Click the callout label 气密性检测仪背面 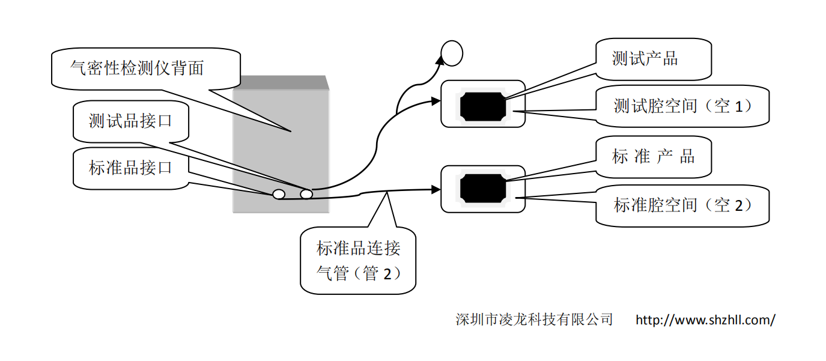(x=137, y=68)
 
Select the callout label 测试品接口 (x=130, y=121)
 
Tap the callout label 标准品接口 (x=130, y=167)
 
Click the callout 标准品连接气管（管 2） (x=358, y=260)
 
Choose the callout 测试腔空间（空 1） (x=682, y=106)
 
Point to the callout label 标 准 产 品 (x=653, y=157)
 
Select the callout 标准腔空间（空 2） (x=682, y=205)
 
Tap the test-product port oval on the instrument (x=306, y=193)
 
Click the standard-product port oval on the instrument (x=279, y=194)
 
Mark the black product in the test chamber (x=482, y=106)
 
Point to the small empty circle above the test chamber (x=452, y=53)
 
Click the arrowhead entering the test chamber (x=437, y=102)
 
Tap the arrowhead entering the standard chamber (x=437, y=189)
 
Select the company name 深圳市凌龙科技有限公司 (x=534, y=319)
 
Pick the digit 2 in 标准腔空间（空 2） (x=739, y=206)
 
